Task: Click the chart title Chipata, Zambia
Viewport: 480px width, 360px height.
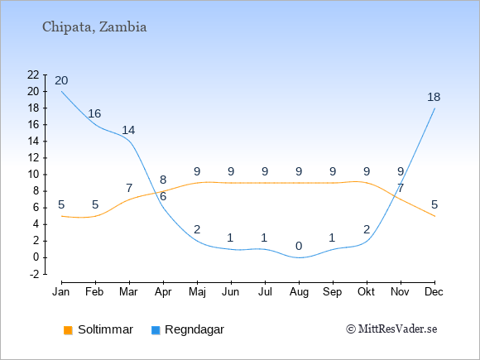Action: [94, 27]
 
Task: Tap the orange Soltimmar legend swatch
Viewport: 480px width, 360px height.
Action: [68, 330]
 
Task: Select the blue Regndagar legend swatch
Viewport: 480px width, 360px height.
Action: [156, 330]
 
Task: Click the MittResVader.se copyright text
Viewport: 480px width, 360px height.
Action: [391, 329]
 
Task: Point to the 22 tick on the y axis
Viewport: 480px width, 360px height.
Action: [33, 74]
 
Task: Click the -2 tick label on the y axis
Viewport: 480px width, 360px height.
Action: [34, 274]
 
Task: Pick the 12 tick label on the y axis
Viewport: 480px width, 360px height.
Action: [33, 158]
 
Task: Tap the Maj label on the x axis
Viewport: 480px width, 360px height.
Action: [197, 292]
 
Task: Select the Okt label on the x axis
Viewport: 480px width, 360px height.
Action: [367, 292]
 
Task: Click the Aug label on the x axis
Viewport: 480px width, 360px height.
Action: [299, 292]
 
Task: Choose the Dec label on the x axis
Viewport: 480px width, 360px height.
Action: [434, 292]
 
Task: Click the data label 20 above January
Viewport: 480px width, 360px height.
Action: [61, 80]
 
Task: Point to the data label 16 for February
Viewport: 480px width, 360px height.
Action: [94, 113]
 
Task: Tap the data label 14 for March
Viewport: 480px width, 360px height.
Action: [128, 131]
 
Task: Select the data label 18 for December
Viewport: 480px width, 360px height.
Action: [434, 97]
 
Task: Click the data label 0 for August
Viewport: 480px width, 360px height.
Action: [299, 246]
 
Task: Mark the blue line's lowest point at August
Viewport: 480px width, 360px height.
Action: [299, 257]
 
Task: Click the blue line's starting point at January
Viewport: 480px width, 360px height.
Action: [61, 92]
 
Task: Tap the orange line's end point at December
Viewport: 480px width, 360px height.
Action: [434, 216]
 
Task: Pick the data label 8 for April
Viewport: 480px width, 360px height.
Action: [163, 180]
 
